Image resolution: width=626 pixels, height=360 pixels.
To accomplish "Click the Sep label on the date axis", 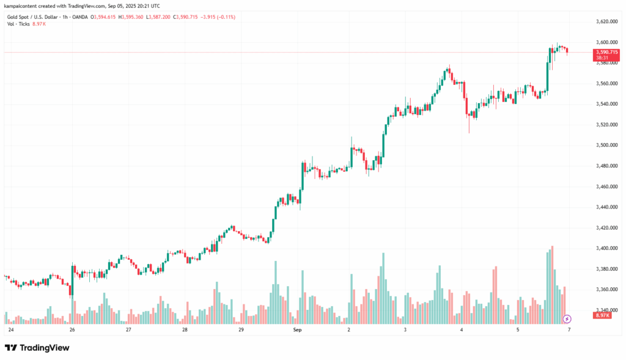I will coord(298,329).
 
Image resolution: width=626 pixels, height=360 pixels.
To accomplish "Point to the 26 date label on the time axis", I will coord(72,329).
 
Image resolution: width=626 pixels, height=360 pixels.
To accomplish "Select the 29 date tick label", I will coord(241,329).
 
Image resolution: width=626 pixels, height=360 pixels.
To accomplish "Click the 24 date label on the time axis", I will coord(11,329).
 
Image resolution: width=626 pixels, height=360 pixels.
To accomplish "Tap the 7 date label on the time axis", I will coord(569,329).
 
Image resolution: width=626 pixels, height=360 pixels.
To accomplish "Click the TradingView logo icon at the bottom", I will coord(11,348).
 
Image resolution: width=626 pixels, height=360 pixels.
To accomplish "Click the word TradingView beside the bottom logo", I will coord(45,348).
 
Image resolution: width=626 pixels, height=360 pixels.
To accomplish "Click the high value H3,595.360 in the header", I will coord(130,17).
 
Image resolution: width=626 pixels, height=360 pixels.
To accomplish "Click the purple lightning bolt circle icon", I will coord(567,318).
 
